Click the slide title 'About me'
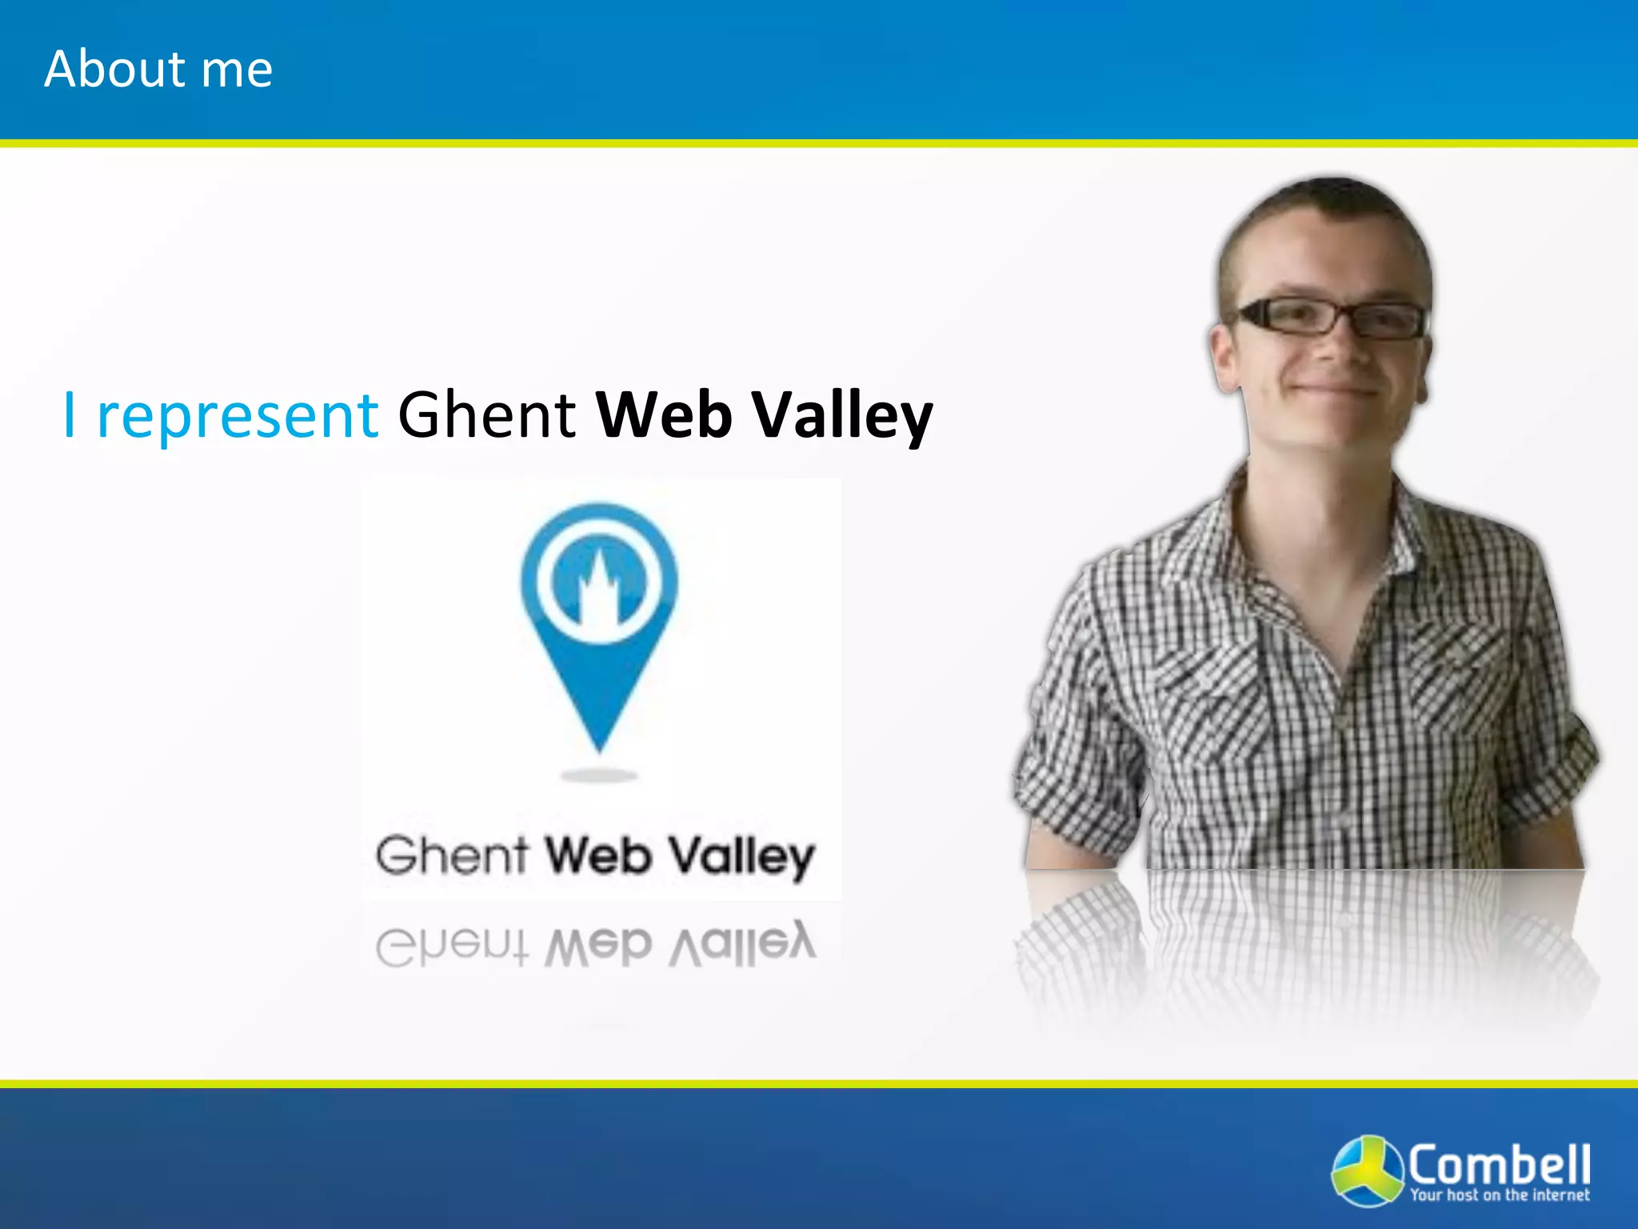[x=158, y=69]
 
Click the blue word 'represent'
[x=237, y=416]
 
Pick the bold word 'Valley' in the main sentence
[x=843, y=416]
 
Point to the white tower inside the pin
[x=598, y=592]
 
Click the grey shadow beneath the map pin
[x=599, y=775]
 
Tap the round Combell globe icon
[x=1366, y=1170]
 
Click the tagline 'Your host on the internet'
[x=1499, y=1195]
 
